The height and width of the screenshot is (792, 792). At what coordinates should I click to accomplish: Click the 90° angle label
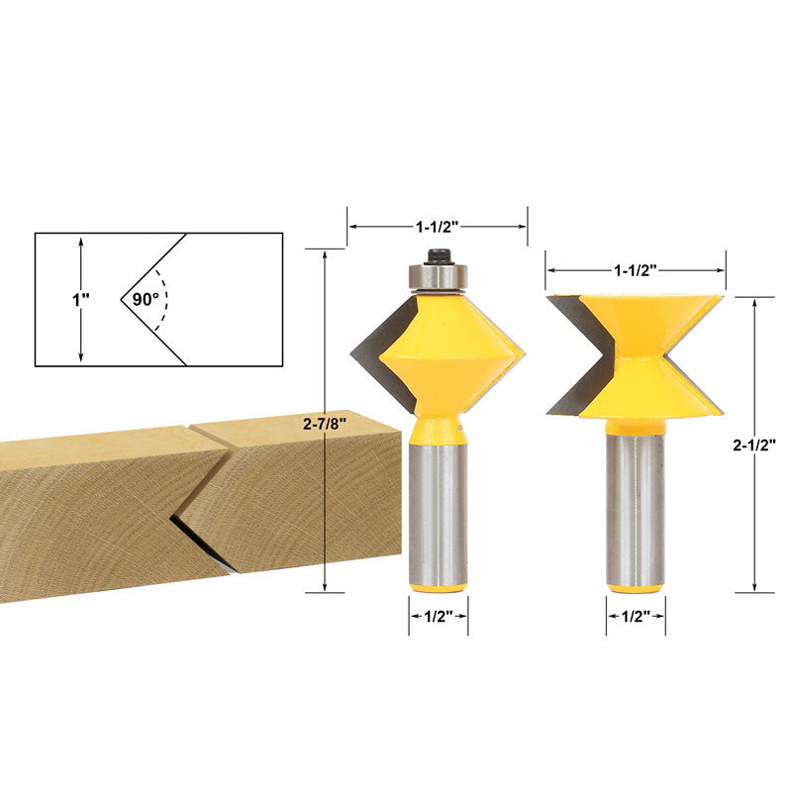[x=146, y=300]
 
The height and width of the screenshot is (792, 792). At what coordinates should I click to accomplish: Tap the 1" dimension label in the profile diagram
[x=80, y=300]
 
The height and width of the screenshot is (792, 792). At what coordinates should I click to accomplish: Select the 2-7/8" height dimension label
[x=325, y=424]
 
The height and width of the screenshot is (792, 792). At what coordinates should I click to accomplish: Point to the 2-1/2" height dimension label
[x=754, y=445]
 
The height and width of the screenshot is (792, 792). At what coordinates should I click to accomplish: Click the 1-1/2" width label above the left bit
[x=437, y=227]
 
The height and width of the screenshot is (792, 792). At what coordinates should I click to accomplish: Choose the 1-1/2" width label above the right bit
[x=635, y=270]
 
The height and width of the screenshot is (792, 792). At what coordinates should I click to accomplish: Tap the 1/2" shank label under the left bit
[x=438, y=616]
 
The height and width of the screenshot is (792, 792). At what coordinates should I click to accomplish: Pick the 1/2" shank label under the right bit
[x=636, y=616]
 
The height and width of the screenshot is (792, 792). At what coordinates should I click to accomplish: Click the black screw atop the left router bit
[x=438, y=256]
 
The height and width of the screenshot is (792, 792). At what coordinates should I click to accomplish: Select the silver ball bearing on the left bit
[x=438, y=277]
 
